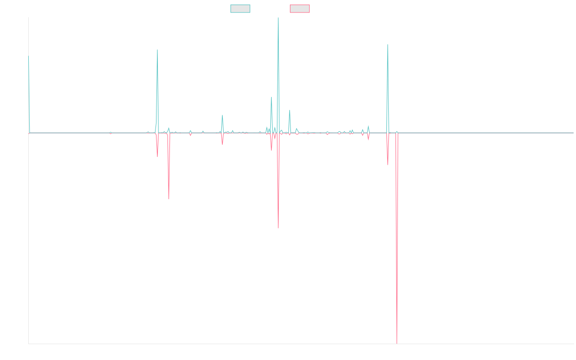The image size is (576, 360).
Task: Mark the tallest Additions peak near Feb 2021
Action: [x=278, y=18]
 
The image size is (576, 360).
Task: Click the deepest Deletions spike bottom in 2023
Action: [x=397, y=343]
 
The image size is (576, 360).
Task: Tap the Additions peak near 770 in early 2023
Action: [x=387, y=45]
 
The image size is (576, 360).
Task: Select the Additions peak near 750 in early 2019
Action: [x=157, y=50]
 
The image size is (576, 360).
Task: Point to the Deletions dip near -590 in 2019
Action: [x=169, y=198]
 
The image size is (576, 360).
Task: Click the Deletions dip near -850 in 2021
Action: [x=278, y=228]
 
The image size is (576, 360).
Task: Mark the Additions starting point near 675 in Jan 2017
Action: [x=28, y=57]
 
